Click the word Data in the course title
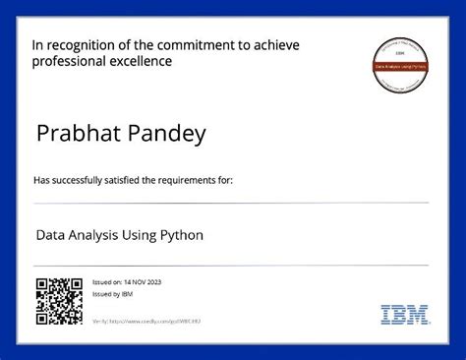click(x=50, y=236)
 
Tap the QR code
click(x=59, y=301)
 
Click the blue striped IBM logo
click(x=404, y=315)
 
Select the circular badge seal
click(x=404, y=64)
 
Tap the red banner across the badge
click(x=404, y=65)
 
